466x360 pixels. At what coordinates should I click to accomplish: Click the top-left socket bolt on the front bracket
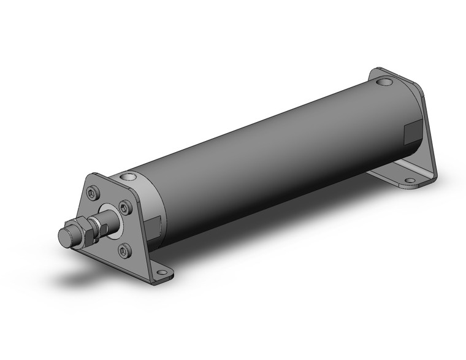(93, 193)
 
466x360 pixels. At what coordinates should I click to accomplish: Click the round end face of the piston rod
(63, 237)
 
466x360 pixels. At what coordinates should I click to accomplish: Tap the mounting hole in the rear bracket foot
(410, 180)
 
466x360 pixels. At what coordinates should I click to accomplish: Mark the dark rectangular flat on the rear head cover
(410, 132)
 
